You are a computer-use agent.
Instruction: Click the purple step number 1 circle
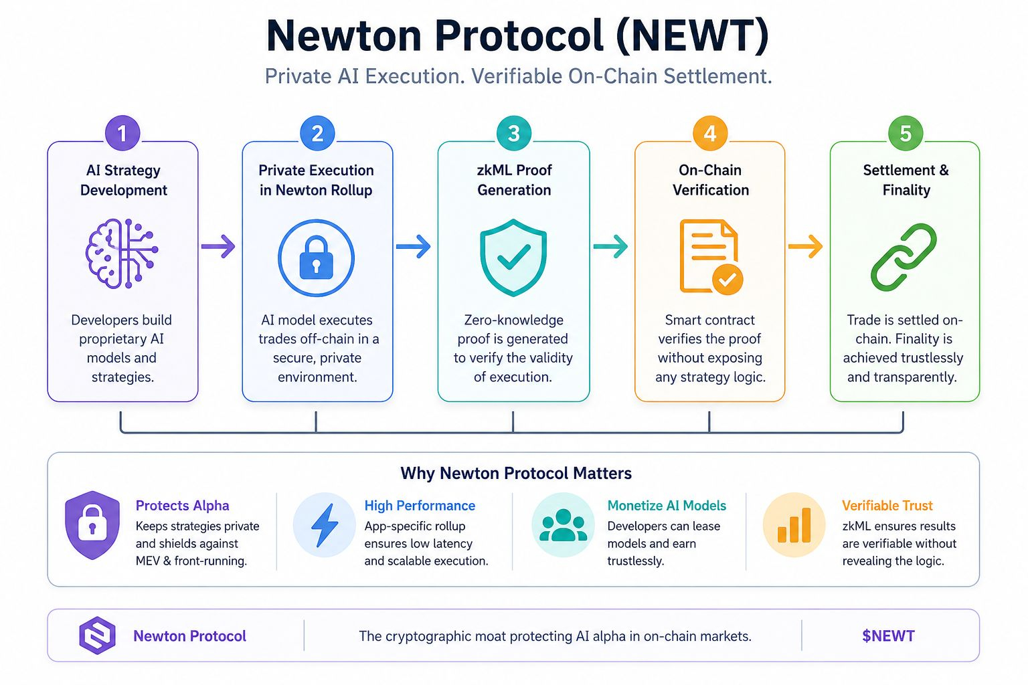point(122,133)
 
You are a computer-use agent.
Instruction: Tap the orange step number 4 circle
point(710,133)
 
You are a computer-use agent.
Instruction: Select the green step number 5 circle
point(906,133)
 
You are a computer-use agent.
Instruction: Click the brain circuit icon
point(122,254)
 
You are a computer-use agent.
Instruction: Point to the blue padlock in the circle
point(316,258)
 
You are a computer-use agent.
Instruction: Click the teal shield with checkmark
point(513,258)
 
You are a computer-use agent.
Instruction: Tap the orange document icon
point(711,256)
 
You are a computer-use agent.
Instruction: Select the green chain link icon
point(904,257)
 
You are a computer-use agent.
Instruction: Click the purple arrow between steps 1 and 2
point(218,246)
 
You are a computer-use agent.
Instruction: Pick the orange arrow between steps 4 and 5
point(805,246)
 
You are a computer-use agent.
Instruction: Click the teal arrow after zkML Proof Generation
point(610,246)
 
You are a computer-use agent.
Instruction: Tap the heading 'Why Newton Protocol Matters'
point(516,473)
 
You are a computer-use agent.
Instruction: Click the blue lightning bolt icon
point(325,525)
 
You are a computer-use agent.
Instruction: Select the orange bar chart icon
point(794,525)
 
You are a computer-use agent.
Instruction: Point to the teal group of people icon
point(563,525)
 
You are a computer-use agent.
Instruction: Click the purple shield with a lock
point(92,525)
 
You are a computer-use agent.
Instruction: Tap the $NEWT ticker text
point(889,636)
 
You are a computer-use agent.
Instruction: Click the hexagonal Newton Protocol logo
point(97,635)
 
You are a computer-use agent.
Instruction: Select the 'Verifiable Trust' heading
point(887,506)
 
